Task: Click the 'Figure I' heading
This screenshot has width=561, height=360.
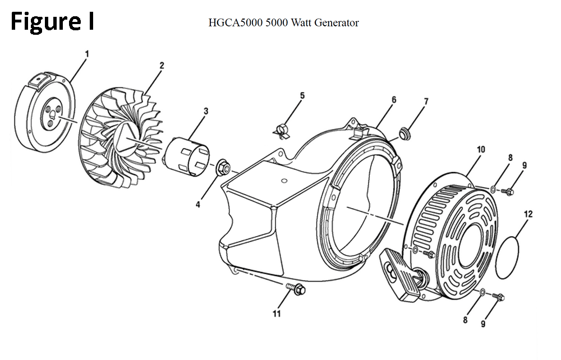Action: [53, 21]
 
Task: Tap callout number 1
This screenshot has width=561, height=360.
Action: [86, 54]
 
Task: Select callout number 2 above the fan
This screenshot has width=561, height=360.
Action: [162, 66]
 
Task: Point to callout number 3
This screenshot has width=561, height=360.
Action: [206, 111]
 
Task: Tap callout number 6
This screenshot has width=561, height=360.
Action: [394, 100]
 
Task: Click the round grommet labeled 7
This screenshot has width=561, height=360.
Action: [405, 133]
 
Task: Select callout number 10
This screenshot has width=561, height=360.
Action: [481, 149]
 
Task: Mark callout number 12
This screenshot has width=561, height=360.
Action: [528, 214]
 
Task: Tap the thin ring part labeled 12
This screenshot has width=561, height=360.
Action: [496, 257]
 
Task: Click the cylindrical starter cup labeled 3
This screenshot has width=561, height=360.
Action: [187, 156]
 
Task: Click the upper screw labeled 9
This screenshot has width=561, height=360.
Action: [508, 192]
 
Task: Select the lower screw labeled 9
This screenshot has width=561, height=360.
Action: [498, 297]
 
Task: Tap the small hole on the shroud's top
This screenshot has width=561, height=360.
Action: [284, 181]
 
